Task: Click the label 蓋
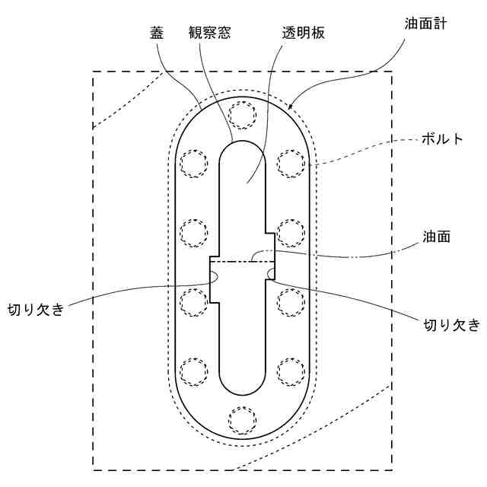[x=156, y=33]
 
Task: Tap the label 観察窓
[x=209, y=33]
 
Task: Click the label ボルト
[x=441, y=140]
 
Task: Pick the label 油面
[x=438, y=236]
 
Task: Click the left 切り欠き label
[x=35, y=309]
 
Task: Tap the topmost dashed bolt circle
[x=243, y=115]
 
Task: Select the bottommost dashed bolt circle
[x=243, y=419]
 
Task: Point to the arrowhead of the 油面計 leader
[x=291, y=104]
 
